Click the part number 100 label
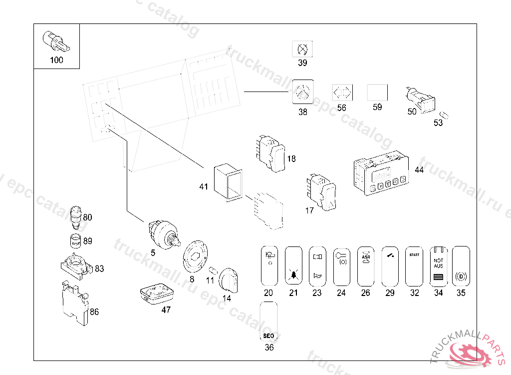pos(57,60)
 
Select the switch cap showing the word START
pos(414,266)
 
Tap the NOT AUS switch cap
pos(438,266)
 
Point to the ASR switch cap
pos(366,266)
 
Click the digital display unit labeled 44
pos(381,175)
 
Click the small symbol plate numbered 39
pos(302,49)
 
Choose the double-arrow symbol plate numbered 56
pos(342,93)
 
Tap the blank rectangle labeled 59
pos(377,92)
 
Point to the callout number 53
pos(438,123)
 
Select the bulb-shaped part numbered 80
pos(75,214)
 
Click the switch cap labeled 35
pos(461,266)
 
